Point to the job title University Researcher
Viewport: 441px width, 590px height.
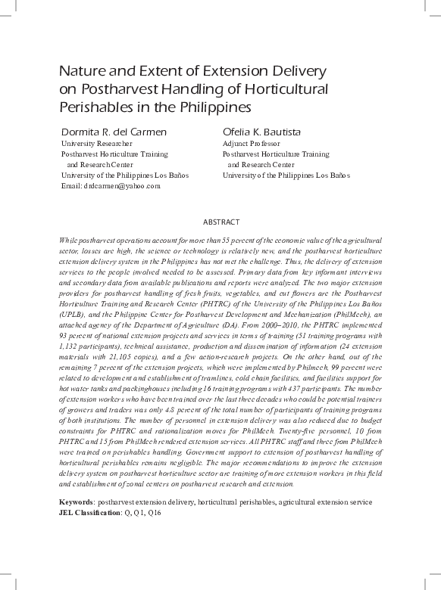[96, 142]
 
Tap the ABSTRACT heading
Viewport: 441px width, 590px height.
[221, 222]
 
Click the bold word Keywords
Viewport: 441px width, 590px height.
[76, 502]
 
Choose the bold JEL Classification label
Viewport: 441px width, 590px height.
[89, 512]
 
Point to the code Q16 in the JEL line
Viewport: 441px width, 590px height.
[155, 512]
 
